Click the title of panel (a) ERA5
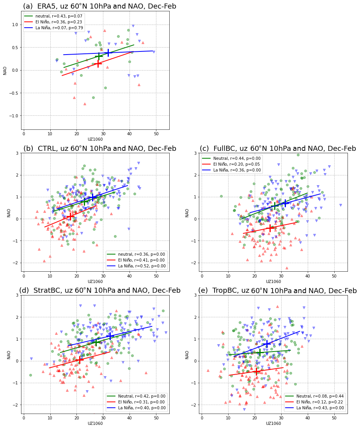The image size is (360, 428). click(x=99, y=6)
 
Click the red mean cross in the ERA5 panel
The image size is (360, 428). click(x=98, y=63)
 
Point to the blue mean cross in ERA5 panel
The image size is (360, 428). click(x=108, y=52)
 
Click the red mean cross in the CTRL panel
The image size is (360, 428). click(x=70, y=216)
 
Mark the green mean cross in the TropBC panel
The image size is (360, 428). click(x=259, y=352)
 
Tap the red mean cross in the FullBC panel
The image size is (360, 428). click(x=270, y=228)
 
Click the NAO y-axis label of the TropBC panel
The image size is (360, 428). click(x=187, y=354)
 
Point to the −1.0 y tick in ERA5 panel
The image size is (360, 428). click(x=15, y=116)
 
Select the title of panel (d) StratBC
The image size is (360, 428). click(x=100, y=290)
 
